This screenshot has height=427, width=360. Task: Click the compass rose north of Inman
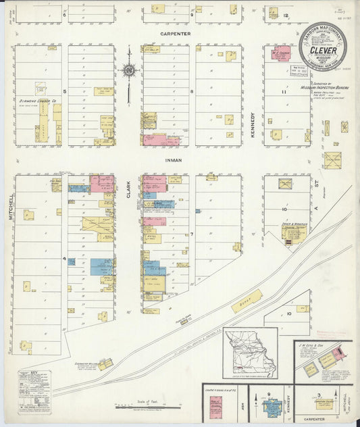128,70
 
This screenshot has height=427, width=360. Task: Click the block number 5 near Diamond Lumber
65,91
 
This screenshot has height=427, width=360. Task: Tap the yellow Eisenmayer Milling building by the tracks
105,364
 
